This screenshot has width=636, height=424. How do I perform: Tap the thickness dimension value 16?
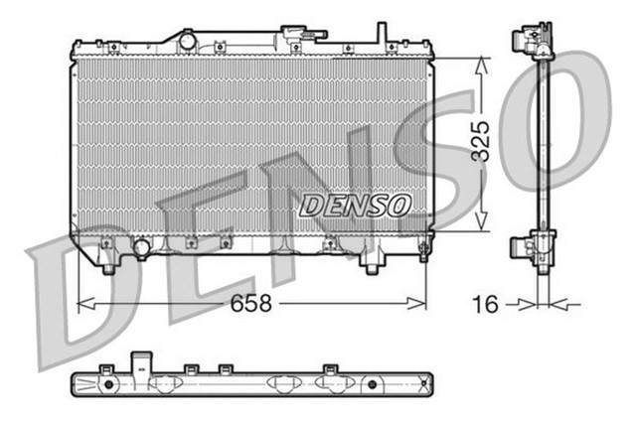[x=485, y=304]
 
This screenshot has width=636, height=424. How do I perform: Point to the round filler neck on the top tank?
[x=186, y=40]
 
